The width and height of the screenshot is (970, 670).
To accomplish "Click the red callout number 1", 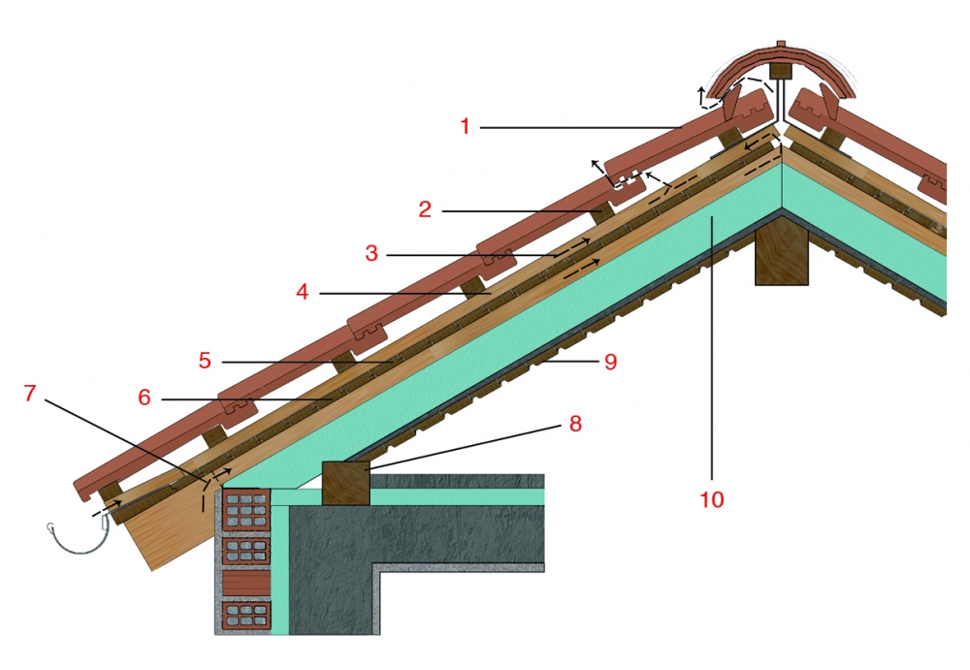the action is (466, 126).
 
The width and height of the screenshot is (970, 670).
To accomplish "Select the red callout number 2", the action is (425, 209).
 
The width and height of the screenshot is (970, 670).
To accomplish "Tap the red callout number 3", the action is (372, 253).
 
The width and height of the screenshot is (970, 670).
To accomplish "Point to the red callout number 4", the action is (302, 292).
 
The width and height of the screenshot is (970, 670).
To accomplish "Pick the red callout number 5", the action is (205, 360).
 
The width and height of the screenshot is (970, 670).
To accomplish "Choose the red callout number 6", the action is (145, 398).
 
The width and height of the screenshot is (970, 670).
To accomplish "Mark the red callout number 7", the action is (30, 393).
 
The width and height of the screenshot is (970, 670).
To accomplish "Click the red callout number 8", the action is (575, 424).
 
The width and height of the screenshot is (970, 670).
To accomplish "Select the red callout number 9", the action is (610, 362).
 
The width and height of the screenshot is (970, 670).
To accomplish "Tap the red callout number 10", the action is (711, 499).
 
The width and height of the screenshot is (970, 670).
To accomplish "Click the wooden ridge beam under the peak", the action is (782, 254).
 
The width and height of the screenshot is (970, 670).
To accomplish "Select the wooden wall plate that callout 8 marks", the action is (346, 483).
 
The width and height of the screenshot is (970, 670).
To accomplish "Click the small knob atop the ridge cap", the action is (781, 44).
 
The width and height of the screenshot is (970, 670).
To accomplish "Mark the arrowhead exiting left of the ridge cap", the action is (701, 91).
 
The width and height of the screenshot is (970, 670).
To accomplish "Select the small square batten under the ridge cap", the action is (781, 71).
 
